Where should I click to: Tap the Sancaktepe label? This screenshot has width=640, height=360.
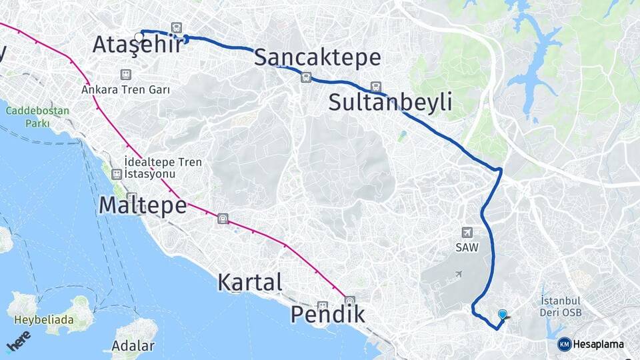pos(317,58)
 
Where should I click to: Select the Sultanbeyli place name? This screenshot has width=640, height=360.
pos(390,103)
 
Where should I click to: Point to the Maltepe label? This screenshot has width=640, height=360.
pos(142,205)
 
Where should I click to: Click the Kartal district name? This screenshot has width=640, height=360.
pos(250,282)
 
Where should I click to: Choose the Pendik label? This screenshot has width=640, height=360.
pos(328,313)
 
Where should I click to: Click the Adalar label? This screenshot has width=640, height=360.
pos(133,346)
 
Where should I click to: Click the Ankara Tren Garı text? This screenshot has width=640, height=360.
pos(126,89)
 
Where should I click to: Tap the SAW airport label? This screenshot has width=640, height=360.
pos(467,247)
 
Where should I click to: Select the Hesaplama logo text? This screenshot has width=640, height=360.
pos(598,344)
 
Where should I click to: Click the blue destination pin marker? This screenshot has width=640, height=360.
pos(502,315)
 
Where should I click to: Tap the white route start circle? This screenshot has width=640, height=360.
pos(139,37)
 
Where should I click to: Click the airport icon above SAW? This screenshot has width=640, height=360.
pos(467,232)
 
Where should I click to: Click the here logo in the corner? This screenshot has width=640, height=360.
pos(18,341)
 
